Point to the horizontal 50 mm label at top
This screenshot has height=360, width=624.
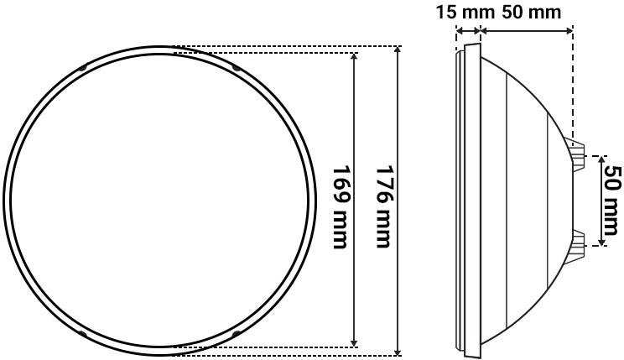click(x=532, y=13)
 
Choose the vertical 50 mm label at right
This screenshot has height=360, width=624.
click(x=613, y=201)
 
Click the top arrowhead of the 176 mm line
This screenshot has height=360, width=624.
click(x=398, y=51)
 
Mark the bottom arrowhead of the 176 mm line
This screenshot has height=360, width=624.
click(x=398, y=350)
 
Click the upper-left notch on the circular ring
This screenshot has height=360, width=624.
click(x=82, y=67)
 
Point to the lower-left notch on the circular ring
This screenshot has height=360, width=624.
click(x=82, y=334)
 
